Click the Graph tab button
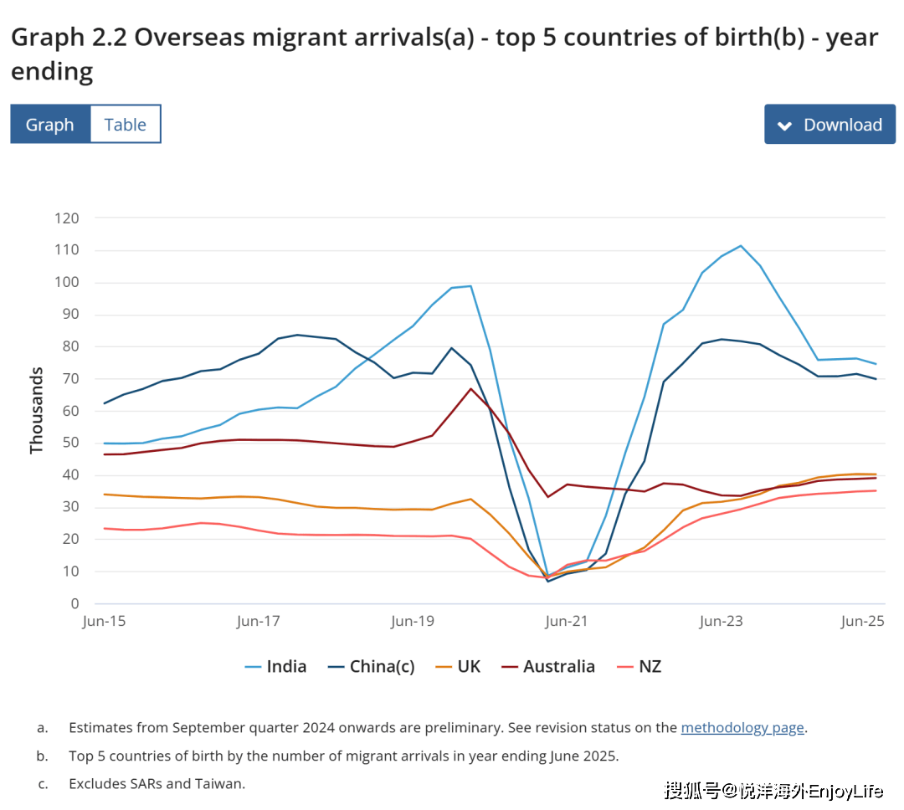click(50, 124)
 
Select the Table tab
click(125, 124)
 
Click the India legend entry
click(275, 666)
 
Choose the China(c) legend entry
click(372, 666)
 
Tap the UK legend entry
click(458, 666)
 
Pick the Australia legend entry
click(548, 666)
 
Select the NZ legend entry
click(639, 666)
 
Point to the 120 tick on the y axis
click(67, 218)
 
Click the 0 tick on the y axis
click(75, 603)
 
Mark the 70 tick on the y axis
click(71, 379)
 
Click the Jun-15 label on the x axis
click(104, 622)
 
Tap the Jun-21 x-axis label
click(566, 622)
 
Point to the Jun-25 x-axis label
click(862, 622)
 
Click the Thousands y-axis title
click(36, 411)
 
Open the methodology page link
click(742, 727)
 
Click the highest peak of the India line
click(741, 246)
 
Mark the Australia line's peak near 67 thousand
click(471, 388)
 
